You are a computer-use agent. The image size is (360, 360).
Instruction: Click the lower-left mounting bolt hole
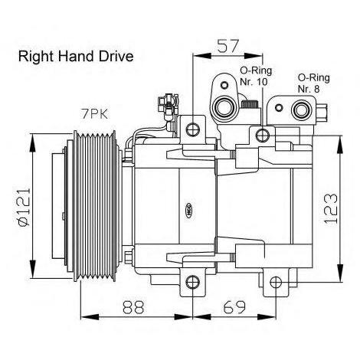click(193, 283)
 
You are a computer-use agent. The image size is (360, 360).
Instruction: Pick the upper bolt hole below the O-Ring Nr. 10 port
click(264, 136)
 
